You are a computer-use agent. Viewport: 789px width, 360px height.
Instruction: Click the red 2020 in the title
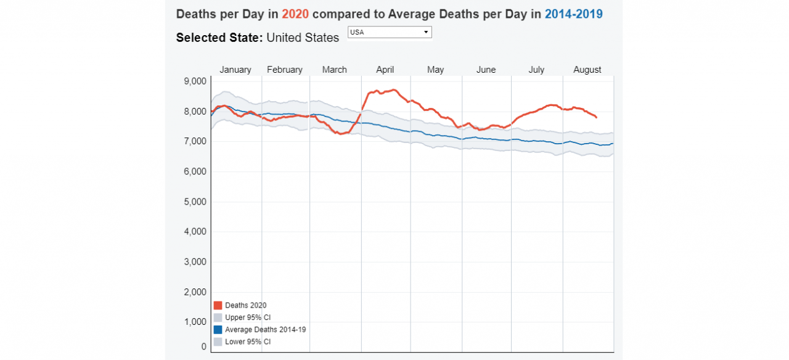point(295,14)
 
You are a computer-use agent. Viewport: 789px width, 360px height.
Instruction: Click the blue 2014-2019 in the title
point(574,14)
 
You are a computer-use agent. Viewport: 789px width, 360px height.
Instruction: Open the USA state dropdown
point(390,32)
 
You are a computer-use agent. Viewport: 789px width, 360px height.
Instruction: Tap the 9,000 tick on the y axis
point(195,81)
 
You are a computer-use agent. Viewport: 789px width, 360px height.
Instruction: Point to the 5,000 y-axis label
point(195,202)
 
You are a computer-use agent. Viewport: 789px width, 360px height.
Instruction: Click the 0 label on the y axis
point(203,346)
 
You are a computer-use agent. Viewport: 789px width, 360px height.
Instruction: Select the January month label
point(235,70)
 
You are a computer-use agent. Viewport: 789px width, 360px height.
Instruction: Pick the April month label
point(385,70)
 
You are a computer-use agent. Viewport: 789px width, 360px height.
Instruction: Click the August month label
point(587,70)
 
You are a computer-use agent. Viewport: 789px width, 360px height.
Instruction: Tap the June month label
point(486,70)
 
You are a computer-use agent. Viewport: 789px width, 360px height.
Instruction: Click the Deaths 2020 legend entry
point(245,305)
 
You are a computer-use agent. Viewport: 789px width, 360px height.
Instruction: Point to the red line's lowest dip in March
point(341,134)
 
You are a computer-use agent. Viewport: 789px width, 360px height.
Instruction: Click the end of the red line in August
point(596,117)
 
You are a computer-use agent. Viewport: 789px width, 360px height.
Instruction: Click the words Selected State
point(219,38)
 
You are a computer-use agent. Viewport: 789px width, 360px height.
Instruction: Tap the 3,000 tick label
point(195,262)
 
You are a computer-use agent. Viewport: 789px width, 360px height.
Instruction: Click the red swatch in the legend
point(218,305)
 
